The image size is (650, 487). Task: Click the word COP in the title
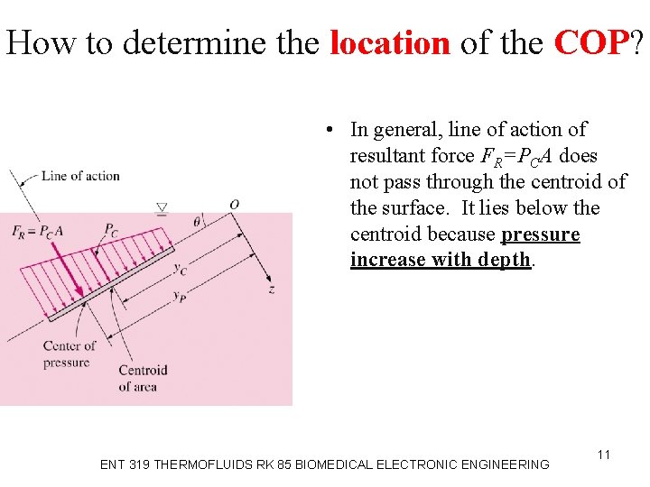(x=590, y=42)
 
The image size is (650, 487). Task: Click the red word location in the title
(x=389, y=42)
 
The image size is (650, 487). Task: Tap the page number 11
(x=604, y=455)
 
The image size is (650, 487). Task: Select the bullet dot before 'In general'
(x=332, y=130)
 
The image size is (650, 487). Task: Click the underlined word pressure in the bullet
(x=540, y=234)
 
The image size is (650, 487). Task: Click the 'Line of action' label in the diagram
(x=80, y=175)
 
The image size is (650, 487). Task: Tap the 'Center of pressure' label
(x=69, y=354)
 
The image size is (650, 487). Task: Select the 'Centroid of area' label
(x=143, y=378)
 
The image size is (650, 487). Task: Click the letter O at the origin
(x=233, y=205)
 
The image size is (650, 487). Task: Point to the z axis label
(x=271, y=289)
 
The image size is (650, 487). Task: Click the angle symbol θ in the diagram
(x=198, y=218)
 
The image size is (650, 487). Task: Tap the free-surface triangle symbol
(x=162, y=209)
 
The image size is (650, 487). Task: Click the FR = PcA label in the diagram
(x=38, y=230)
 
